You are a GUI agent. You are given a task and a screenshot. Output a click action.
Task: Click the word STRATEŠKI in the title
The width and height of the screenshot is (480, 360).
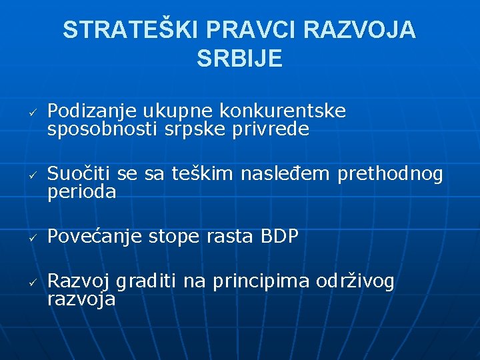131,30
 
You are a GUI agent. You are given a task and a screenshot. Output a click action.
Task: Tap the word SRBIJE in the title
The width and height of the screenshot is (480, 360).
240,59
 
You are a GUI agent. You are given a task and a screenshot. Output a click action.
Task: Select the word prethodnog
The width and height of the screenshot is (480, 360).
390,175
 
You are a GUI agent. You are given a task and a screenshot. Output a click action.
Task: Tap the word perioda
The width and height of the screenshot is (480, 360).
82,193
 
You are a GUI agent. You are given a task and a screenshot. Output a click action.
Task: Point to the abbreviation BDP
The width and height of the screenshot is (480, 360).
279,237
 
